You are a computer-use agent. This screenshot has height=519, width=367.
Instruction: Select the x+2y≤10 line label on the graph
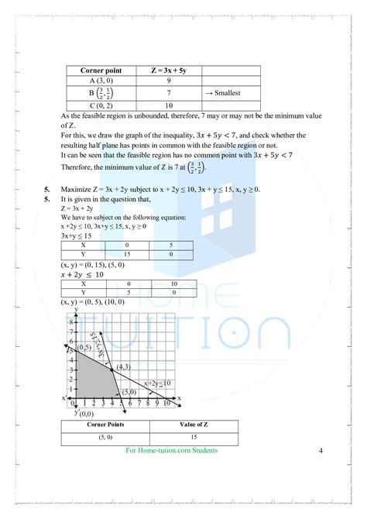[156, 383]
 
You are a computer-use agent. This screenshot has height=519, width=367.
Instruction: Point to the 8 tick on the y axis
[70, 321]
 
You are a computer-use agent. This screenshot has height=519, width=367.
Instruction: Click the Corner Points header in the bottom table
[105, 425]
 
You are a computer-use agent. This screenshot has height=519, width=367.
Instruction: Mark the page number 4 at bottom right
[321, 451]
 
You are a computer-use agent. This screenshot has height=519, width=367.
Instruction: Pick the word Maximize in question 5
[77, 189]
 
